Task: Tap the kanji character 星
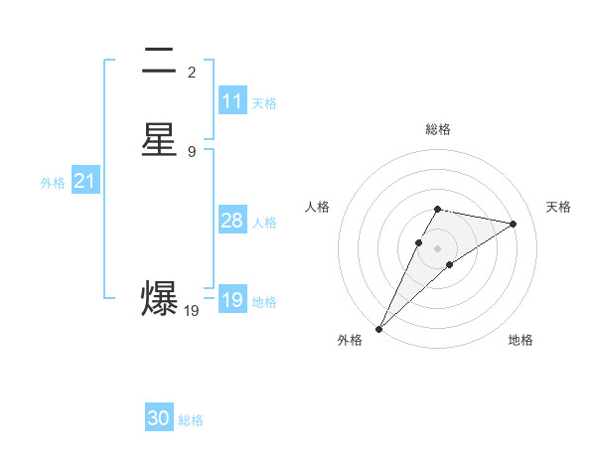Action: [x=159, y=139]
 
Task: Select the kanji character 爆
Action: [x=159, y=298]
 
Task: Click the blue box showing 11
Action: [x=232, y=101]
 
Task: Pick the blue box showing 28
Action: [x=232, y=221]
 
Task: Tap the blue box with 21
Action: [x=84, y=181]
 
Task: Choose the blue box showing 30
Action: [x=159, y=418]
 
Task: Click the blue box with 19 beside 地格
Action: [x=232, y=300]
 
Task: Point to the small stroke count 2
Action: [x=192, y=72]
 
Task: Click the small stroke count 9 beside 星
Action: [x=192, y=152]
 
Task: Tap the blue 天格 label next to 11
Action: [x=264, y=103]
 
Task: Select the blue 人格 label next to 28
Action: [x=264, y=223]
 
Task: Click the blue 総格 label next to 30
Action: [x=191, y=420]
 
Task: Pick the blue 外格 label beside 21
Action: [x=53, y=183]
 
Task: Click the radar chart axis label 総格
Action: [x=438, y=129]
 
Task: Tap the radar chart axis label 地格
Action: [x=521, y=340]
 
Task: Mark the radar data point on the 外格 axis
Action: [x=378, y=328]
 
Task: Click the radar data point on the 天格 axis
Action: [x=514, y=224]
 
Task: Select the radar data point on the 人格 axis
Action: [x=418, y=242]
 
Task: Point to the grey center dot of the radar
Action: [x=438, y=248]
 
